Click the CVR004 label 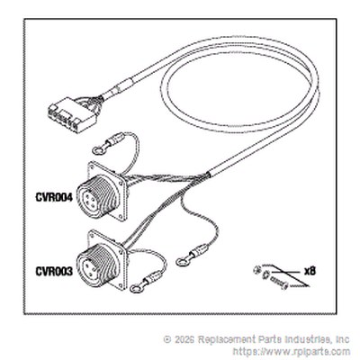54,198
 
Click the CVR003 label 54,272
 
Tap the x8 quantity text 310,272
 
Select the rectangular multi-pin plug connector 72,115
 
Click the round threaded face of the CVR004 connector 91,197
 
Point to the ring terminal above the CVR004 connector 97,149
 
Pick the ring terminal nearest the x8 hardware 182,262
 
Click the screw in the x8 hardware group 278,283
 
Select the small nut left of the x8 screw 256,270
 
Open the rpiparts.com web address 292,351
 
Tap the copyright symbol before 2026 166,339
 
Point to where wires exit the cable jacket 208,174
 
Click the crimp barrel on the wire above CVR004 115,139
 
